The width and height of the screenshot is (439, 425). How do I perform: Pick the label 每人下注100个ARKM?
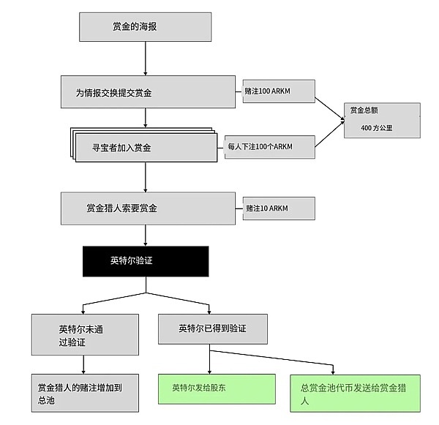point(269,146)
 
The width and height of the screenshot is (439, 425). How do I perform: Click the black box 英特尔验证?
point(146,261)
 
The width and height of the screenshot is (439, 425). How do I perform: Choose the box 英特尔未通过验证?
point(84,334)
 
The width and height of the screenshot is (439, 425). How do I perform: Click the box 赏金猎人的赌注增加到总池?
point(84,392)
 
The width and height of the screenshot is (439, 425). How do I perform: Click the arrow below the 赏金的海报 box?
point(146,59)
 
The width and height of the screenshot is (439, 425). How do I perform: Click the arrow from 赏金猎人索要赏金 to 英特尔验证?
point(146,235)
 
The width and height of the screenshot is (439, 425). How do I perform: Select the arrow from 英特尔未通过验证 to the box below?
point(84,364)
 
